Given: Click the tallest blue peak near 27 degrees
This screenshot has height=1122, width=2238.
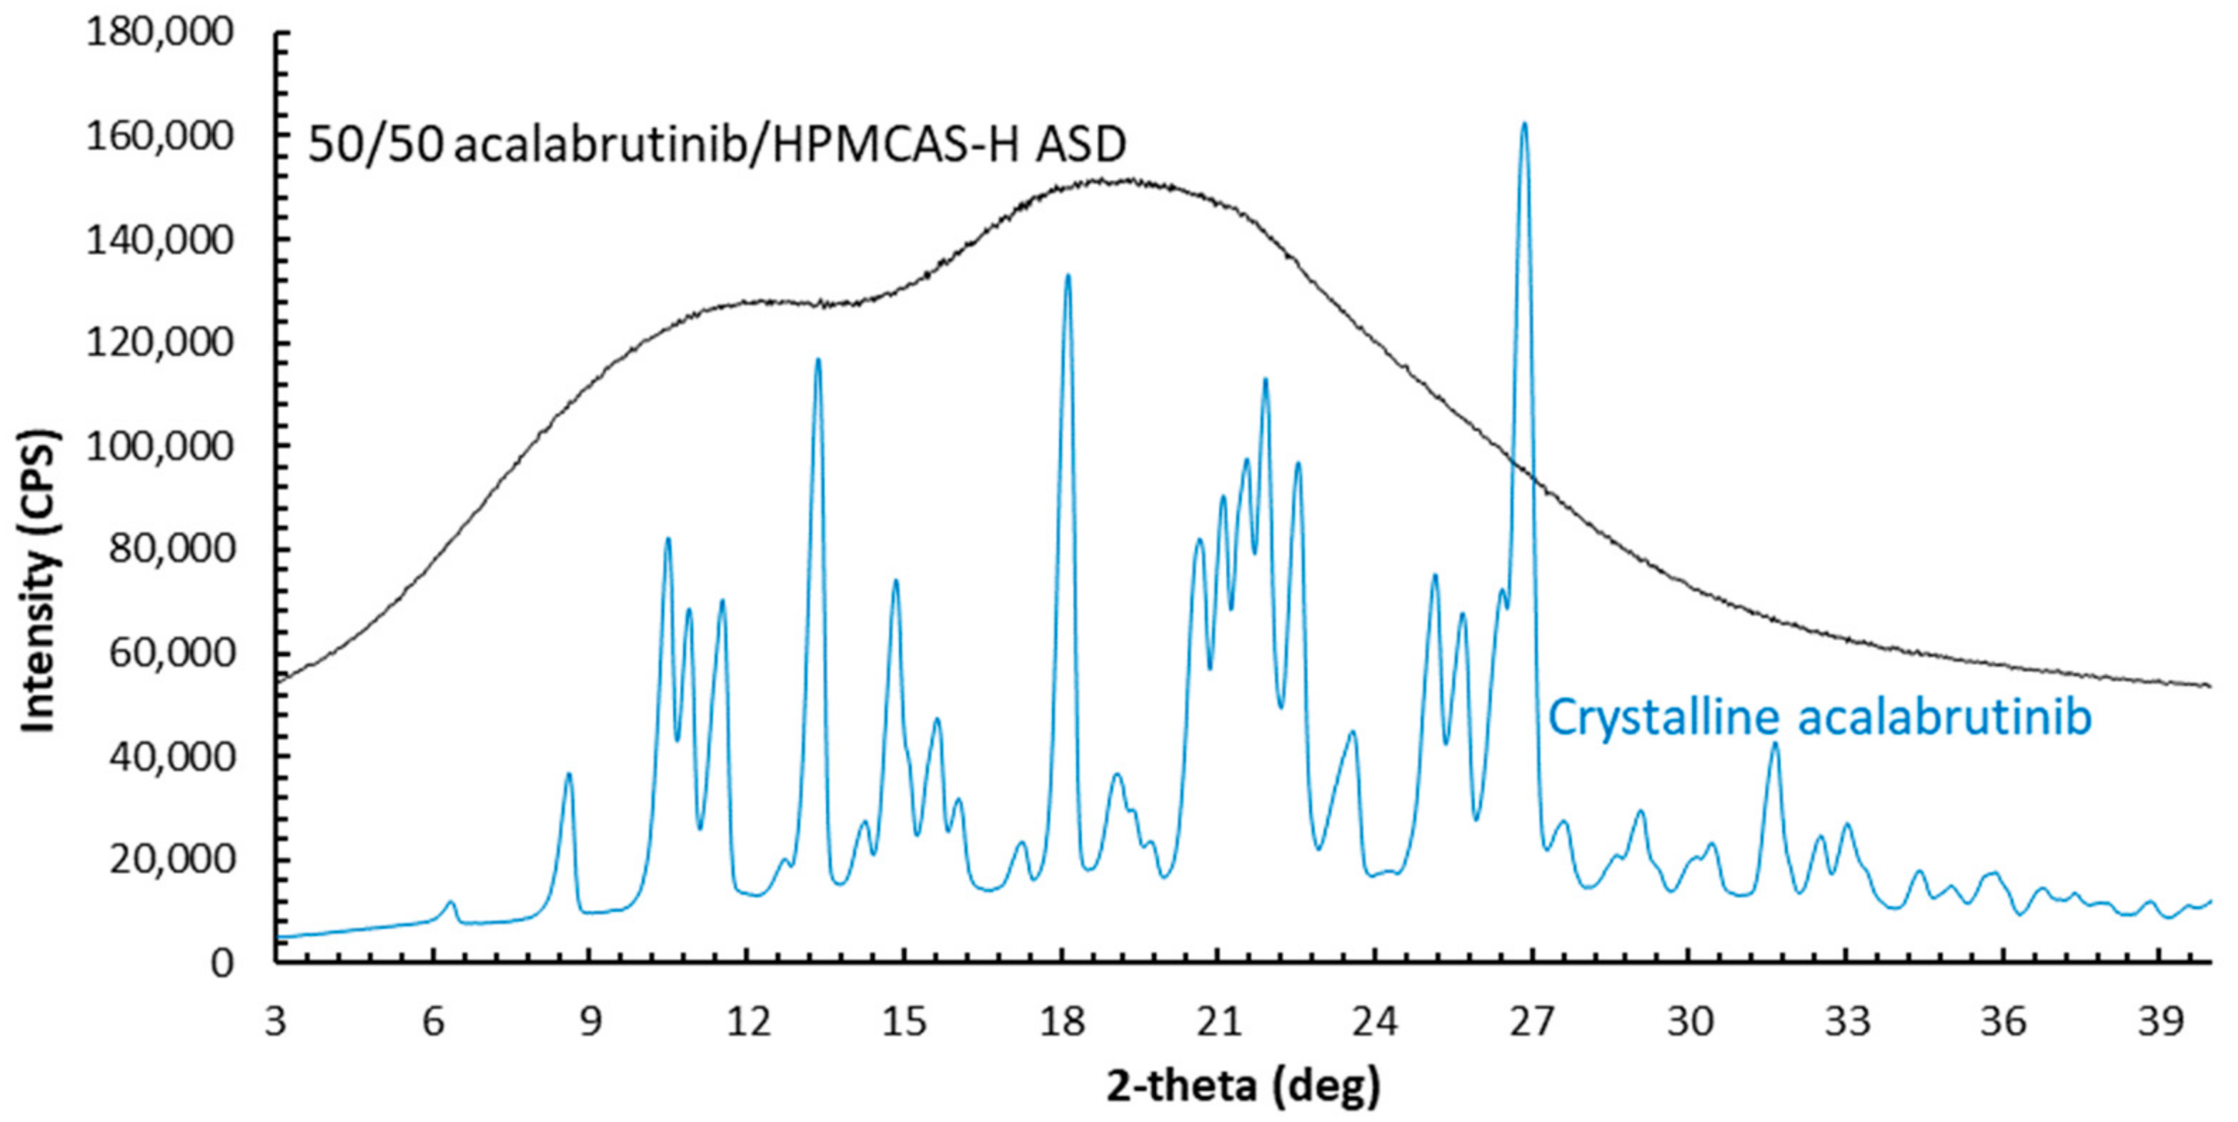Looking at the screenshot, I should pyautogui.click(x=1523, y=126).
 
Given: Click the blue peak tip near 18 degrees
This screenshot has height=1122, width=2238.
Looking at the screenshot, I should pyautogui.click(x=1068, y=277).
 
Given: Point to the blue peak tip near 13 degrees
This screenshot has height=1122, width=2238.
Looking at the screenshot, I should pyautogui.click(x=817, y=361).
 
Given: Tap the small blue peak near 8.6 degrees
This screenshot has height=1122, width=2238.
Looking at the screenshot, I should pyautogui.click(x=568, y=775).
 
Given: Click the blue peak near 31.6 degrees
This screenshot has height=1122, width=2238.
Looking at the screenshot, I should pyautogui.click(x=1775, y=745).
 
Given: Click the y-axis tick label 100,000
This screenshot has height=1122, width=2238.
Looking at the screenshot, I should pyautogui.click(x=160, y=446).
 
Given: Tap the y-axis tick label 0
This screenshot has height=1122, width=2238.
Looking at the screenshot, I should pyautogui.click(x=222, y=963).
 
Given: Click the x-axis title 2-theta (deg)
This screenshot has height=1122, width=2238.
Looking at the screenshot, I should pyautogui.click(x=1243, y=1086).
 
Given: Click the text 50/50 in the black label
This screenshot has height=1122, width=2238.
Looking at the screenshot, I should pyautogui.click(x=375, y=145).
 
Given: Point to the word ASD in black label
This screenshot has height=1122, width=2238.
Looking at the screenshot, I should pyautogui.click(x=1080, y=145).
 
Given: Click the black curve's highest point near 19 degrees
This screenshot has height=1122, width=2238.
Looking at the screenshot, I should pyautogui.click(x=1103, y=181).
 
